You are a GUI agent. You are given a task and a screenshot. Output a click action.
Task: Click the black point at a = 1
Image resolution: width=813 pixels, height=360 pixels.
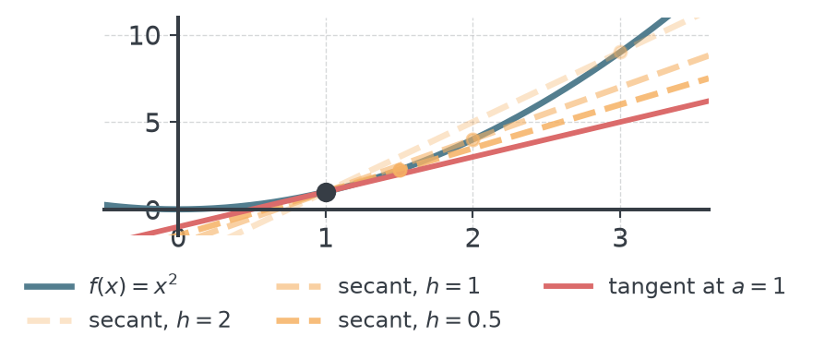pos(326,192)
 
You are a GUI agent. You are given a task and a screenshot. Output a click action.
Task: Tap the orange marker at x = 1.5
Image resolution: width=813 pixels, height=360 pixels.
pos(400,170)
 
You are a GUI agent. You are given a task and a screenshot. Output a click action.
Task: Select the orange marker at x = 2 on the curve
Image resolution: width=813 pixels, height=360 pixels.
pos(472,139)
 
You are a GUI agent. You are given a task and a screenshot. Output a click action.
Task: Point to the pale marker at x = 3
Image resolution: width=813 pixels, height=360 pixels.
pos(620,52)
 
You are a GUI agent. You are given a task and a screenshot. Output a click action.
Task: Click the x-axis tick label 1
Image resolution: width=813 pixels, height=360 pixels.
pos(326,239)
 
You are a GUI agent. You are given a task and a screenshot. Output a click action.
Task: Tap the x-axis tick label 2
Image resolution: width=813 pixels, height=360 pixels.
pos(472,239)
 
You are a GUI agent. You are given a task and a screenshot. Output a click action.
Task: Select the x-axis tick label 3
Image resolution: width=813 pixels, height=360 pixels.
pos(620,239)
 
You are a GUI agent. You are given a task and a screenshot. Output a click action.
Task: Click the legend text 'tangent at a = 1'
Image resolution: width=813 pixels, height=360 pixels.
pos(697,287)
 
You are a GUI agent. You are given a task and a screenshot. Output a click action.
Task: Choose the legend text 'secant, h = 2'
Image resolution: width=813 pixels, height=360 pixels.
pos(160,321)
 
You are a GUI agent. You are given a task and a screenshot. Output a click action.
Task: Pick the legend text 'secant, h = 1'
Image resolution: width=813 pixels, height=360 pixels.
pos(409,287)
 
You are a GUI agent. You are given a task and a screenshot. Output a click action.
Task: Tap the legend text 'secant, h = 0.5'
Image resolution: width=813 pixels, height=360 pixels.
pos(420,321)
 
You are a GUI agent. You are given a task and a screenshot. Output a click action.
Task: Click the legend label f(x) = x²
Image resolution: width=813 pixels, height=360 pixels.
pos(133,286)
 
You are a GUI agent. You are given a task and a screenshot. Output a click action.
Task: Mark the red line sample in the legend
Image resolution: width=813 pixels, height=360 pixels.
pos(568,287)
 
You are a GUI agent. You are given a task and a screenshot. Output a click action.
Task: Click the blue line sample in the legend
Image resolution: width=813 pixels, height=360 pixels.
pos(49,287)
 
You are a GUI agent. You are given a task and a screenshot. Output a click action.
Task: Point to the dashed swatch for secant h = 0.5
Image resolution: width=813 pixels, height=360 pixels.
pos(299,321)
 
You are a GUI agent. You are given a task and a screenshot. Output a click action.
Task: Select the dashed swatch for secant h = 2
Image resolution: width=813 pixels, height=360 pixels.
pos(49,321)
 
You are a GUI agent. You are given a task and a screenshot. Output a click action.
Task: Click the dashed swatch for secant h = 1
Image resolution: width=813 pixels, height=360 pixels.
pos(299,287)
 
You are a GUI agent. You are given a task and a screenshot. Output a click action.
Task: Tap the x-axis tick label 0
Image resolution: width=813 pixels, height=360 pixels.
pos(178,239)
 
